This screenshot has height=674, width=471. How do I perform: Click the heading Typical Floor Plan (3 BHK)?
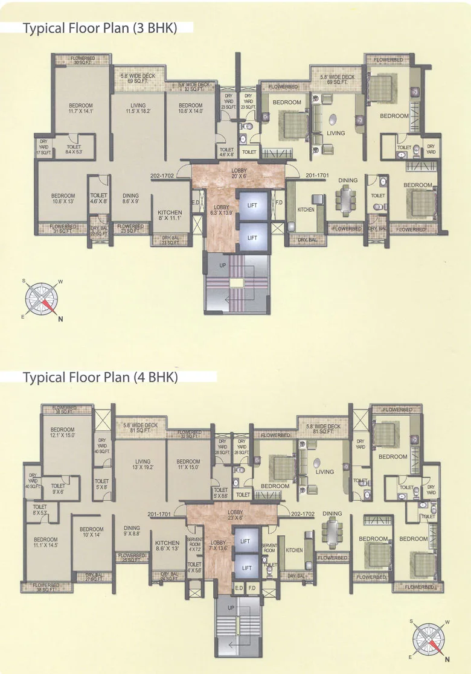100,29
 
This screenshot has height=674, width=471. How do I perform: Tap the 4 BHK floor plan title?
100,378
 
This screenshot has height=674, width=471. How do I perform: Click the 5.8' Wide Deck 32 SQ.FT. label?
194,87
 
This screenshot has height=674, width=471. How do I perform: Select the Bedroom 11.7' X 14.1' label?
80,108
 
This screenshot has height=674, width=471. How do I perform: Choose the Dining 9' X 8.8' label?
132,531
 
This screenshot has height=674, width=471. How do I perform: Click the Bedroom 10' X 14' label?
91,532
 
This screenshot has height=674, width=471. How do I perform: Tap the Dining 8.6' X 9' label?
130,199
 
